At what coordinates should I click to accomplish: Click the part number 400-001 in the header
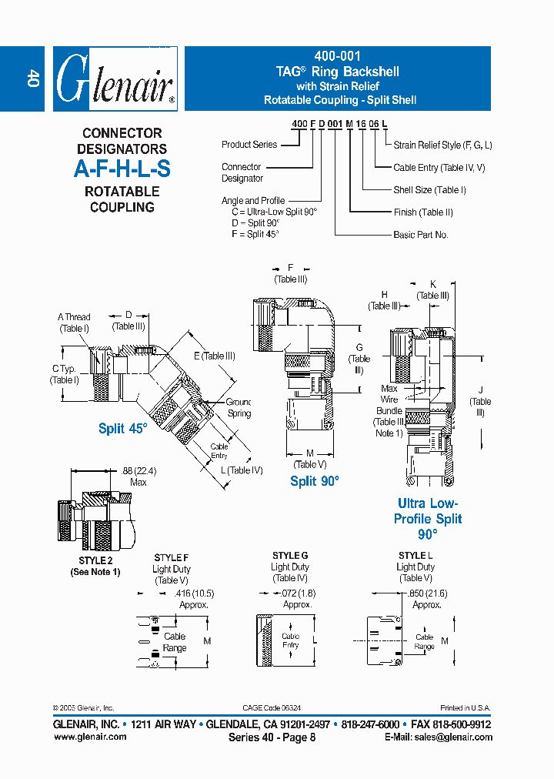[x=337, y=57]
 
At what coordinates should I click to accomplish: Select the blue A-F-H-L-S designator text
[x=122, y=170]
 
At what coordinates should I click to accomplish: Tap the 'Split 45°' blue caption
[x=122, y=429]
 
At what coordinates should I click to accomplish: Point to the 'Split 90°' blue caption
[x=314, y=481]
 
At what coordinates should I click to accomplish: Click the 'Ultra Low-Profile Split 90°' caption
[x=428, y=519]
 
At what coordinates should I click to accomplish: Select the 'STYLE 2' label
[x=95, y=560]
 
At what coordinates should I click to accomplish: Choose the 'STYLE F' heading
[x=171, y=557]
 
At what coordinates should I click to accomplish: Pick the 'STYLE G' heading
[x=290, y=555]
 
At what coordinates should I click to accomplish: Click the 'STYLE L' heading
[x=415, y=555]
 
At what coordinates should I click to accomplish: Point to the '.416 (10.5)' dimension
[x=193, y=593]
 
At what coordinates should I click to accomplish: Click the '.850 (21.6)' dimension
[x=427, y=593]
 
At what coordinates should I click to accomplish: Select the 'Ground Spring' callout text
[x=239, y=407]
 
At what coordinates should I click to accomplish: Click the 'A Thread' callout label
[x=74, y=316]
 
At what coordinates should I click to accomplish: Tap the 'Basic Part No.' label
[x=420, y=235]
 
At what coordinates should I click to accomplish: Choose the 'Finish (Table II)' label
[x=423, y=212]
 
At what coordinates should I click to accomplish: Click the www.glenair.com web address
[x=90, y=737]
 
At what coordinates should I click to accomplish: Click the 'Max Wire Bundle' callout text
[x=389, y=405]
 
